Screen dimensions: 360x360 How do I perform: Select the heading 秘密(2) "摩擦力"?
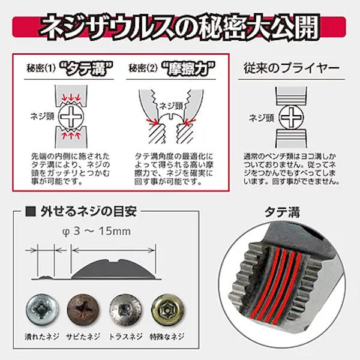pyautogui.click(x=172, y=68)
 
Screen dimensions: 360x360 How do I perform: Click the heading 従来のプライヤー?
pyautogui.click(x=292, y=68)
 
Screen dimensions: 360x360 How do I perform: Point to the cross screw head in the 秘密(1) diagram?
pyautogui.click(x=71, y=116)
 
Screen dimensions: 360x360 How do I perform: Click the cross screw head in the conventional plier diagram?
pyautogui.click(x=291, y=118)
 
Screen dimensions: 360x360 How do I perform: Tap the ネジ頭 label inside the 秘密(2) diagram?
pyautogui.click(x=171, y=106)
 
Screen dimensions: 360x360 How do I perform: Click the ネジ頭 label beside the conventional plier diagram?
pyautogui.click(x=262, y=118)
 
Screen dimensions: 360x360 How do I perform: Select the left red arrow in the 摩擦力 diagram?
pyautogui.click(x=152, y=122)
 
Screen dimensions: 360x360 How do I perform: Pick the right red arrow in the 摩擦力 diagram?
pyautogui.click(x=190, y=122)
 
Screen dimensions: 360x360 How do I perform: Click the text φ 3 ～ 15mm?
pyautogui.click(x=97, y=232)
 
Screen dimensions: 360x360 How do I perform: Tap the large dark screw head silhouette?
pyautogui.click(x=113, y=269)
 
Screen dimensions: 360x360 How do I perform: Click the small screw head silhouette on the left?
pyautogui.click(x=46, y=277)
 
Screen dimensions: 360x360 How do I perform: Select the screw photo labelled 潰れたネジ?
pyautogui.click(x=43, y=310)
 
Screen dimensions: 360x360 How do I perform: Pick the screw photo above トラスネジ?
pyautogui.click(x=125, y=310)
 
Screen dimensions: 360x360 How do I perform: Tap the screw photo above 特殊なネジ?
pyautogui.click(x=167, y=310)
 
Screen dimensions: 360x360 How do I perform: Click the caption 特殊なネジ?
pyautogui.click(x=167, y=337)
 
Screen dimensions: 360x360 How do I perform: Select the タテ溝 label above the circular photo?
pyautogui.click(x=282, y=212)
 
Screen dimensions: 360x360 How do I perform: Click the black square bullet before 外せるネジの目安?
pyautogui.click(x=31, y=211)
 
